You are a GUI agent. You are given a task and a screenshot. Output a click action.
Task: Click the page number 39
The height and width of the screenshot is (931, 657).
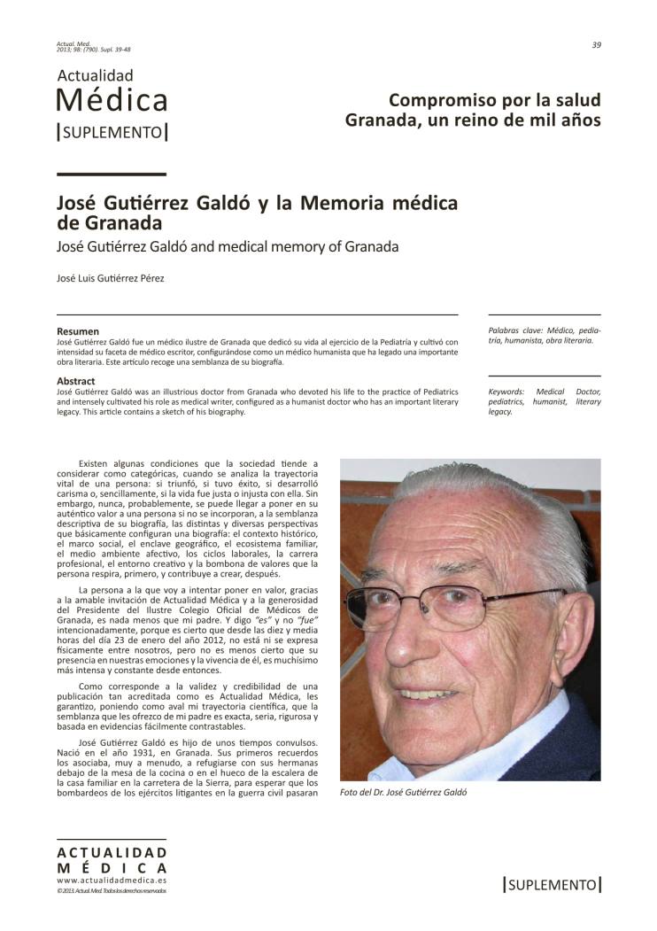tap(596, 45)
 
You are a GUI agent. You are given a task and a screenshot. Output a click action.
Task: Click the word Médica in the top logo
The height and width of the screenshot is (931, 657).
tap(112, 100)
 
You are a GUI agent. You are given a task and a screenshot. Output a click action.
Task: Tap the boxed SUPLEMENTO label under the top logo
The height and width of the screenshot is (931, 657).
tap(112, 132)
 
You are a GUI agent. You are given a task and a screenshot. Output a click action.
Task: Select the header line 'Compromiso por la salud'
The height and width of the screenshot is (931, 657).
tap(494, 99)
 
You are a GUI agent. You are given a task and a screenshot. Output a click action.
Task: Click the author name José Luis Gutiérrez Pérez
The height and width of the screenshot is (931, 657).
tap(110, 279)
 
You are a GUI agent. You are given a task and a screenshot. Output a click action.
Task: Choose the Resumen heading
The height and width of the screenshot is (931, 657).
tap(78, 331)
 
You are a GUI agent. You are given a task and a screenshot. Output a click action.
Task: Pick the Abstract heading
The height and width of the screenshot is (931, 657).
tap(75, 381)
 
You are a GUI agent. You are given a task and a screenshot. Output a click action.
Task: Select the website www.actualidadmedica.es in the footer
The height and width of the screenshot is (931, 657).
tap(111, 881)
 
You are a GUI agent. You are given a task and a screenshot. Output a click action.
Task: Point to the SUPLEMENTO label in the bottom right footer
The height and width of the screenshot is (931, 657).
tap(552, 884)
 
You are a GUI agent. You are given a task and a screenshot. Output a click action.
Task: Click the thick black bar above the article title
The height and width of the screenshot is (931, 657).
tap(111, 175)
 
